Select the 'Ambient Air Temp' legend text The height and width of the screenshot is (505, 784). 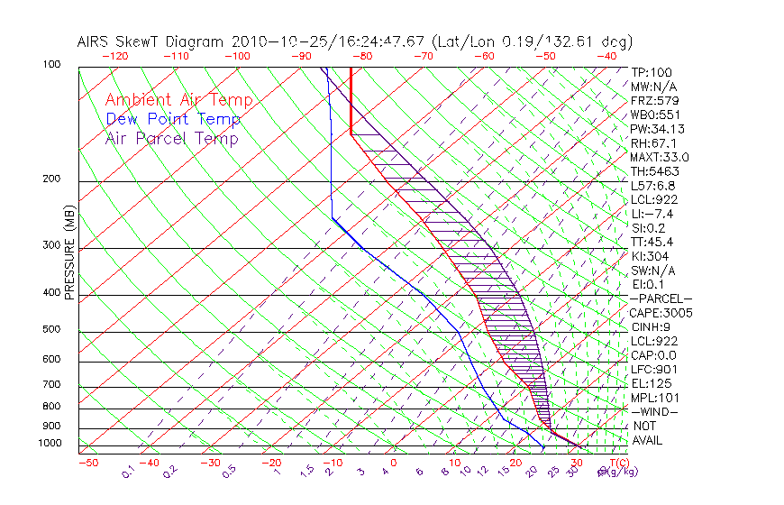178,101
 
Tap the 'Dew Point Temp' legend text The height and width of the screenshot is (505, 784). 173,120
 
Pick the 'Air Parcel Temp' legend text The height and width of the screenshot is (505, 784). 172,139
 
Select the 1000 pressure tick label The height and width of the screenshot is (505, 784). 50,444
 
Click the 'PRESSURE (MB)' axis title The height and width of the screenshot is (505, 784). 70,252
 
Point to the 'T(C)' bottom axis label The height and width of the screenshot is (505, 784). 617,463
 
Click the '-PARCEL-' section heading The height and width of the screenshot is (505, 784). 661,298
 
